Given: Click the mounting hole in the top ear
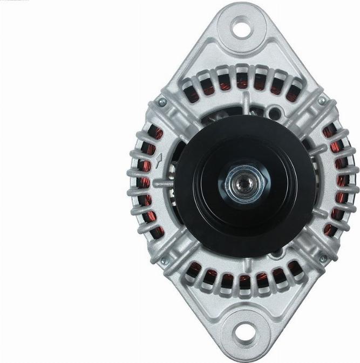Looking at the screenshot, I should pos(242,27).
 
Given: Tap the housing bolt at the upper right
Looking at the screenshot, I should pos(322,101).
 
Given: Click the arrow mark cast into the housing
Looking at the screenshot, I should pos(160,160).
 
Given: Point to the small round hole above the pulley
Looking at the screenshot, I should pos(277,112).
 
